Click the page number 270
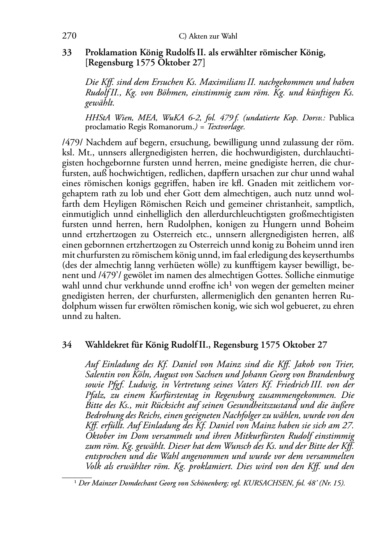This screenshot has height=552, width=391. pos(69,36)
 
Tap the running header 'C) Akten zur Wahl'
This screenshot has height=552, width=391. pos(208,37)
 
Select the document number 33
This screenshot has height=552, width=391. pos(67,53)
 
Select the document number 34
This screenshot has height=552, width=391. pos(67,345)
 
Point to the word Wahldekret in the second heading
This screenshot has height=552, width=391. pos(104,345)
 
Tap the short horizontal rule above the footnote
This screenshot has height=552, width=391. pos(77,476)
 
